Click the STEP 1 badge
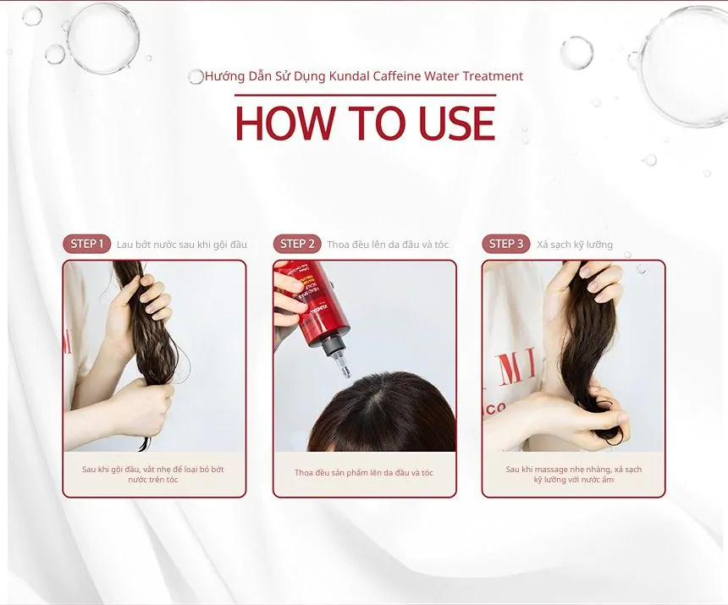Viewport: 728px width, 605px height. coord(87,244)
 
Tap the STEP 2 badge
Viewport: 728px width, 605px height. coord(297,244)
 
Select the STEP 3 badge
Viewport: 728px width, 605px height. coord(506,244)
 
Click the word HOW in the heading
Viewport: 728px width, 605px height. coord(284,124)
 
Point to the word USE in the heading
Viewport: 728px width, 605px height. coord(457,124)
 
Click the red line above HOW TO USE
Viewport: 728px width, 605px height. coord(366,95)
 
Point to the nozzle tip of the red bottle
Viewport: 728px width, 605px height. coord(346,372)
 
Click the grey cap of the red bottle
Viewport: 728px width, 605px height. coord(334,348)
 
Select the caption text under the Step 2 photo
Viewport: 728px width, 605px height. coord(364,473)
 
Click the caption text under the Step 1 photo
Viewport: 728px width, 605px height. coord(153,474)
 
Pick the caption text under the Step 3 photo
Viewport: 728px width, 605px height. coord(574,474)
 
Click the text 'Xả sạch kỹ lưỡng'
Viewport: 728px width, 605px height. coord(575,245)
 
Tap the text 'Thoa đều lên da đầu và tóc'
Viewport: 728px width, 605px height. coord(388,245)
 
